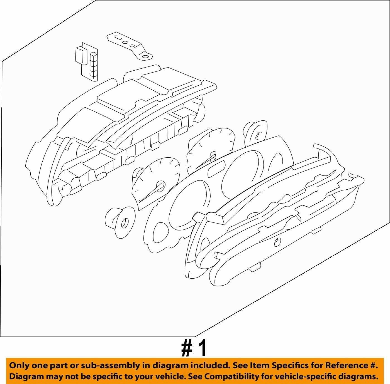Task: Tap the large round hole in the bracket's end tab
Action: [x=145, y=56]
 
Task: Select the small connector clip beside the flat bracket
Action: [x=87, y=61]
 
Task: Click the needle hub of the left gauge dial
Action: [x=161, y=186]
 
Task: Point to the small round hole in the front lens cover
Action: [x=277, y=242]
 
